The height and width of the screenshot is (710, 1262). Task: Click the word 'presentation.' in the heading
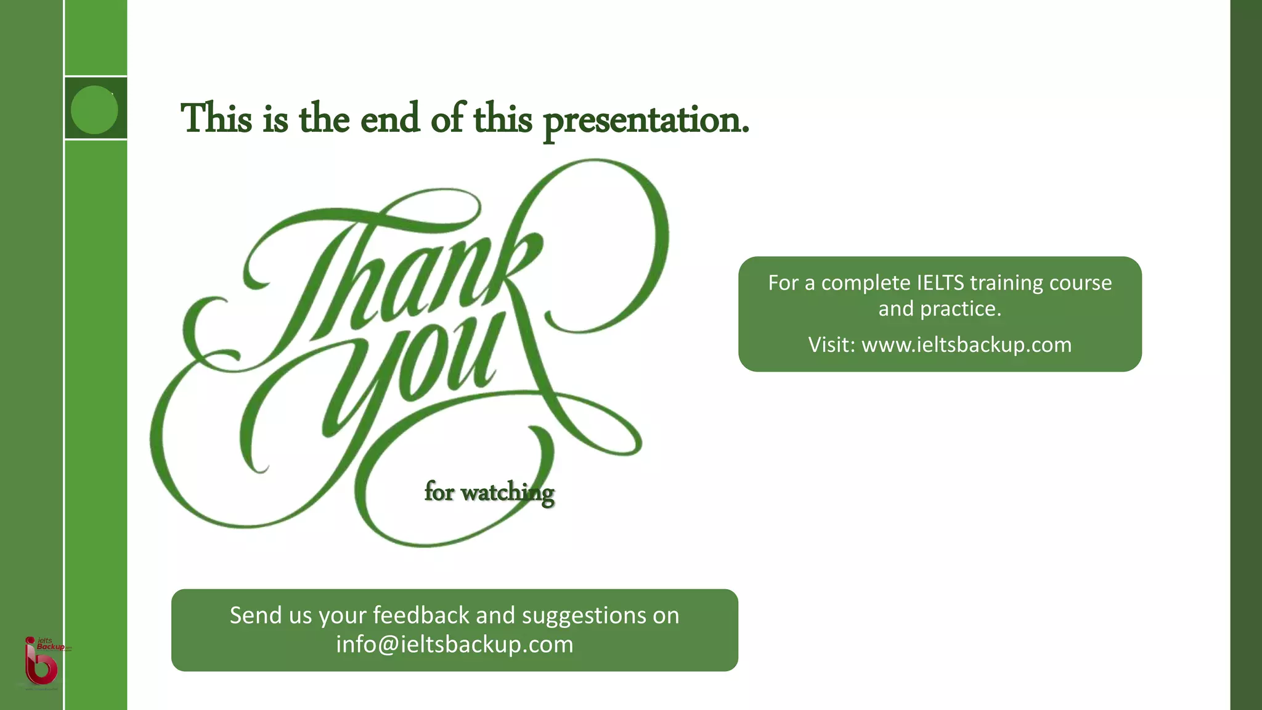pos(646,120)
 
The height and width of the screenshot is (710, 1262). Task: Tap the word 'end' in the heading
pos(389,118)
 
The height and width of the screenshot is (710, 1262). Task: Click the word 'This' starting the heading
pos(216,118)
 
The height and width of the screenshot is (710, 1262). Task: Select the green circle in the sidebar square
pos(94,110)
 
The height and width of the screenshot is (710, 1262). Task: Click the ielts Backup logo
pos(42,661)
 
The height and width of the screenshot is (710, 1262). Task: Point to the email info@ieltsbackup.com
pos(455,645)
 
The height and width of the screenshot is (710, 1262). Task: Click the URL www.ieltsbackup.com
pos(966,345)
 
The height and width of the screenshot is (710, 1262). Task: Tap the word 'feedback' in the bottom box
pos(421,616)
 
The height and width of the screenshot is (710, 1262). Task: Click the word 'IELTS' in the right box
pos(940,283)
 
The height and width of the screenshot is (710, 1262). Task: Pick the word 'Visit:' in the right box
pos(832,345)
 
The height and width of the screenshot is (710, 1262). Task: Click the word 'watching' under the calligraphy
pos(507,492)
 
